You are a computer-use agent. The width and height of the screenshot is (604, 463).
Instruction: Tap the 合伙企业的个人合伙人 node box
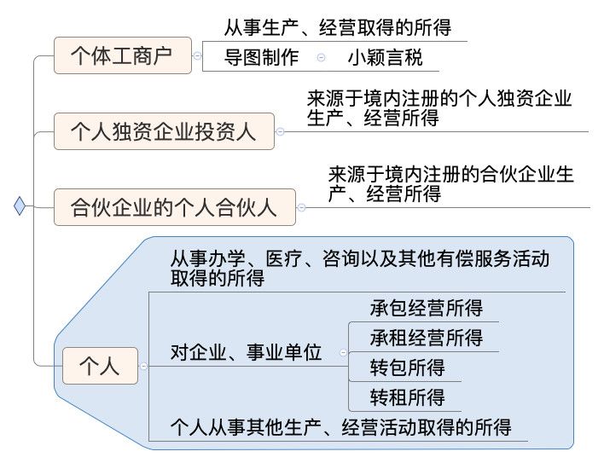pos(174,207)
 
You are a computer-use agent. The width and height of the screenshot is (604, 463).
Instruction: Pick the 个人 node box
pos(100,366)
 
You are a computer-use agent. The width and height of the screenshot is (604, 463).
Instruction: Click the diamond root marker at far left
pos(20,205)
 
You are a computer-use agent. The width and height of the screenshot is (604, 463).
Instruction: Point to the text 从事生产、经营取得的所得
pos(337,28)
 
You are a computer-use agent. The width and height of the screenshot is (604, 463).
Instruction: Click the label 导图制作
pos(261,58)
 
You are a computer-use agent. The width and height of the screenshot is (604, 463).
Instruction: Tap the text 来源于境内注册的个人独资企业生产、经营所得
pos(438,108)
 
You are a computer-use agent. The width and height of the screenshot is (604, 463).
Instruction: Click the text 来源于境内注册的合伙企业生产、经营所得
pos(451,185)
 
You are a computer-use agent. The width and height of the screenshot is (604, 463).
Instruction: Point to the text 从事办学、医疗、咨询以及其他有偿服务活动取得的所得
pos(358,268)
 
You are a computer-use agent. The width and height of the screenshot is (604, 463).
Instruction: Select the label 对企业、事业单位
pos(246,352)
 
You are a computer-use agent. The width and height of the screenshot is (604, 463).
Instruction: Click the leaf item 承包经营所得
pos(426,308)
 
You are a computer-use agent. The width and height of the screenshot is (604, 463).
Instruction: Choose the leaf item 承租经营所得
pos(426,338)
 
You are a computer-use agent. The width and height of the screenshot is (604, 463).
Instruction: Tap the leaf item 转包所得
pos(407,368)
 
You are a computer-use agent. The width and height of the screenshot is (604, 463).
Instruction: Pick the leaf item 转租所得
pos(407,397)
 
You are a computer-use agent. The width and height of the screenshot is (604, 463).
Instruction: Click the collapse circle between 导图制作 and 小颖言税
pos(321,58)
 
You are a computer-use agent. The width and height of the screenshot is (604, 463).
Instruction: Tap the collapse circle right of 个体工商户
pos(197,56)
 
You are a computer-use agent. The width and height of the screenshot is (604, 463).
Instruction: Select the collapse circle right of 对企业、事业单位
pos(343,352)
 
